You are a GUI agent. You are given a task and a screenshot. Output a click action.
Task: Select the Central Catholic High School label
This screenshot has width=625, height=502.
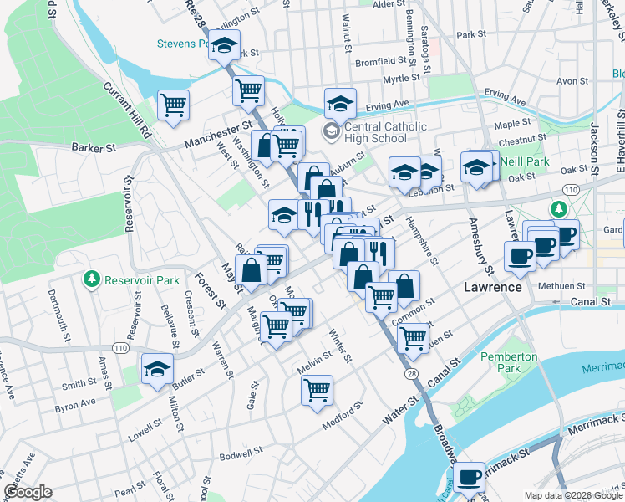tap(375, 132)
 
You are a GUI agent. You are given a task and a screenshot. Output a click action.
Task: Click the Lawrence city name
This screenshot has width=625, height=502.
tap(493, 287)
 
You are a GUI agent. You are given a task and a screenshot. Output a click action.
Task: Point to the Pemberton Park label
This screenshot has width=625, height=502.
tap(509, 362)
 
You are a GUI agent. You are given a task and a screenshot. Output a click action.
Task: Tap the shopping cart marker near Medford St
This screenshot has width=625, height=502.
tap(318, 390)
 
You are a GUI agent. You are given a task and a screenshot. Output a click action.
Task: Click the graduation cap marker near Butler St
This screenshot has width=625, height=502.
tap(157, 369)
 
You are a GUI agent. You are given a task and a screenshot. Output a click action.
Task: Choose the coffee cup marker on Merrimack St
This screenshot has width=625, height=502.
tap(470, 478)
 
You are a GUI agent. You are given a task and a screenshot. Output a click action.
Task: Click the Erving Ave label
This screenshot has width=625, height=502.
tap(387, 105)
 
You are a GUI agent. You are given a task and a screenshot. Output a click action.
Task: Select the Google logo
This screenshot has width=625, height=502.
tap(27, 492)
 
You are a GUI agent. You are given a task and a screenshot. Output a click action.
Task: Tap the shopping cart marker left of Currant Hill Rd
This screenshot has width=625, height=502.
tap(174, 105)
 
